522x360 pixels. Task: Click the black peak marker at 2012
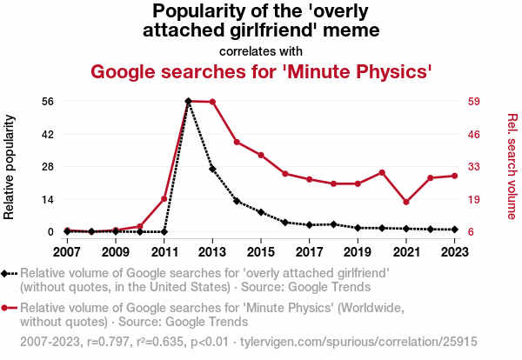pyautogui.click(x=189, y=101)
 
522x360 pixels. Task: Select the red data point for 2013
pyautogui.click(x=212, y=102)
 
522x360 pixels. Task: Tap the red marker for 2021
pyautogui.click(x=406, y=202)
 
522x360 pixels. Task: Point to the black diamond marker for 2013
pyautogui.click(x=212, y=169)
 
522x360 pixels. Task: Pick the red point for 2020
pyautogui.click(x=382, y=172)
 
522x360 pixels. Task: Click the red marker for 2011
pyautogui.click(x=164, y=199)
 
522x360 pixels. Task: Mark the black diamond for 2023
pyautogui.click(x=455, y=230)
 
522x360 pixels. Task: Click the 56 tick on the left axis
pyautogui.click(x=49, y=101)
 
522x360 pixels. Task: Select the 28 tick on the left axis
pyautogui.click(x=49, y=166)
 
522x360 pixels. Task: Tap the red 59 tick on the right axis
pyautogui.click(x=474, y=101)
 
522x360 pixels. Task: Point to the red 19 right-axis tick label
pyautogui.click(x=474, y=199)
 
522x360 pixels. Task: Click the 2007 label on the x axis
pyautogui.click(x=67, y=251)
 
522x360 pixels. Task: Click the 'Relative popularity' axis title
pyautogui.click(x=10, y=166)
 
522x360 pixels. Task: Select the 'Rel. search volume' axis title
pyautogui.click(x=512, y=166)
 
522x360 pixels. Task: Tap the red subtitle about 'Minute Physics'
pyautogui.click(x=261, y=70)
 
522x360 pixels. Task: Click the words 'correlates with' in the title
pyautogui.click(x=261, y=50)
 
